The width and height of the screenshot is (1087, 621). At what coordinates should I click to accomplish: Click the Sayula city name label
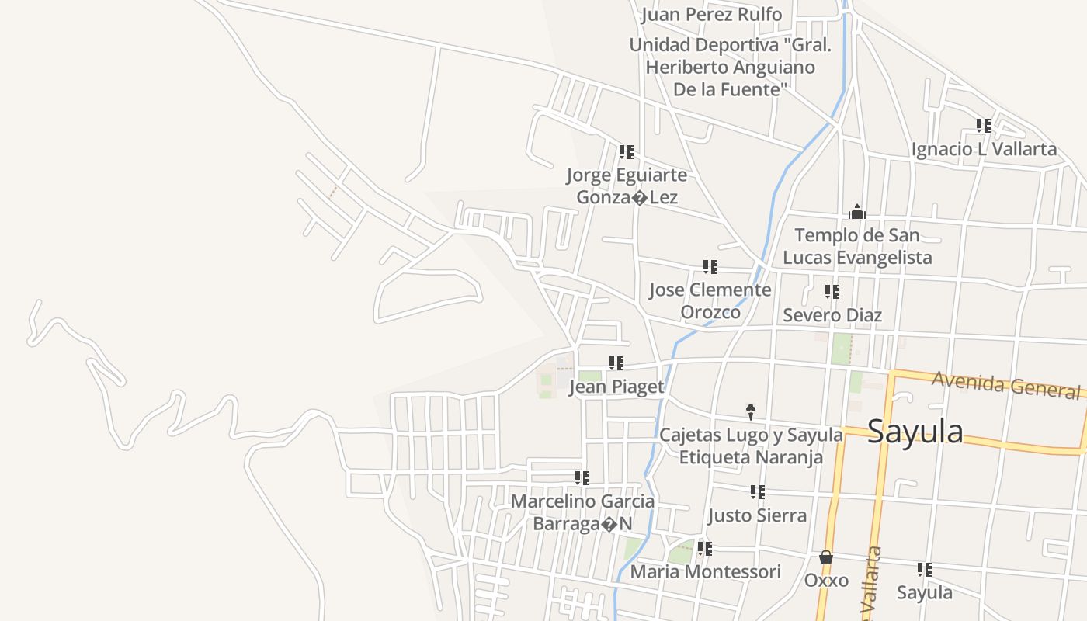[x=915, y=432]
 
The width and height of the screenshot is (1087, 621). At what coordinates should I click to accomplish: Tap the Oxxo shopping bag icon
[x=826, y=557]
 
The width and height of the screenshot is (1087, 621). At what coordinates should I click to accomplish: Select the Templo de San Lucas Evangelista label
[x=857, y=246]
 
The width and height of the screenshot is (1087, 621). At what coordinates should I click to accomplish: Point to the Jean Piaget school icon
[x=616, y=363]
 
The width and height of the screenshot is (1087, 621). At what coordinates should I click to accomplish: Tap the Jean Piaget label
[x=616, y=387]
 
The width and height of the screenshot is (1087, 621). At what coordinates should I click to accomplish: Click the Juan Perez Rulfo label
[x=711, y=15]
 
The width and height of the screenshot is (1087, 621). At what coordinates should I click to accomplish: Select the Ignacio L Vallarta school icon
[x=984, y=125]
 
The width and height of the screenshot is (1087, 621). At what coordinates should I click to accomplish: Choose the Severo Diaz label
[x=832, y=315]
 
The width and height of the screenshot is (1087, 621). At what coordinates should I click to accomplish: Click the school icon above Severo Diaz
[x=832, y=292]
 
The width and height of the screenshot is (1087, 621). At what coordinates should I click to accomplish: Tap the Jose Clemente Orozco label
[x=710, y=300]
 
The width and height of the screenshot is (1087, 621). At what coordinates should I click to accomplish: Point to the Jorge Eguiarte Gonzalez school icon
[x=627, y=151]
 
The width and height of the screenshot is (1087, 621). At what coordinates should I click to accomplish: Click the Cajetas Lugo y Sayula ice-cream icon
[x=751, y=412]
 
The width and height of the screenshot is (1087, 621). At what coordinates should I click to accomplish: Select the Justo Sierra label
[x=757, y=515]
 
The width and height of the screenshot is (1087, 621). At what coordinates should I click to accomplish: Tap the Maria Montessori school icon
[x=705, y=549]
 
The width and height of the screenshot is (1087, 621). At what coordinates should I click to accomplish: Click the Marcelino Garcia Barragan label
[x=582, y=512]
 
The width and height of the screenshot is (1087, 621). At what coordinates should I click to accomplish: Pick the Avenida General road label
[x=1006, y=383]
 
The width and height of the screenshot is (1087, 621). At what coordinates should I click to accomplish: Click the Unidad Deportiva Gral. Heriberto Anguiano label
[x=730, y=67]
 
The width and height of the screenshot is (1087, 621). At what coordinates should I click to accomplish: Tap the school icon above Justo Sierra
[x=758, y=491]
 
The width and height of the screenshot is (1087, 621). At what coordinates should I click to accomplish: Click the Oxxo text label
[x=826, y=581]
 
